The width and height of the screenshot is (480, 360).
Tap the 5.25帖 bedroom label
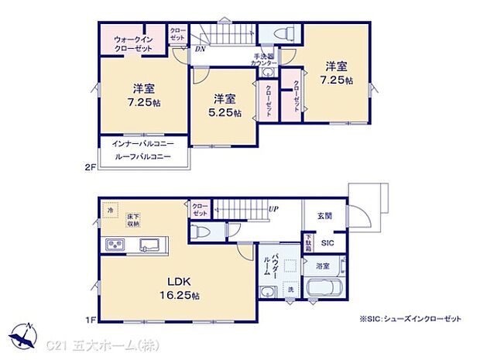(x=225, y=106)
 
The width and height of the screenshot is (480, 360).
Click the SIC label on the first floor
(x=327, y=242)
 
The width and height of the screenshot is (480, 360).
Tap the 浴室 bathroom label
(x=323, y=267)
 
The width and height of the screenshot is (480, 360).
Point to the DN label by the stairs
(x=199, y=50)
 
